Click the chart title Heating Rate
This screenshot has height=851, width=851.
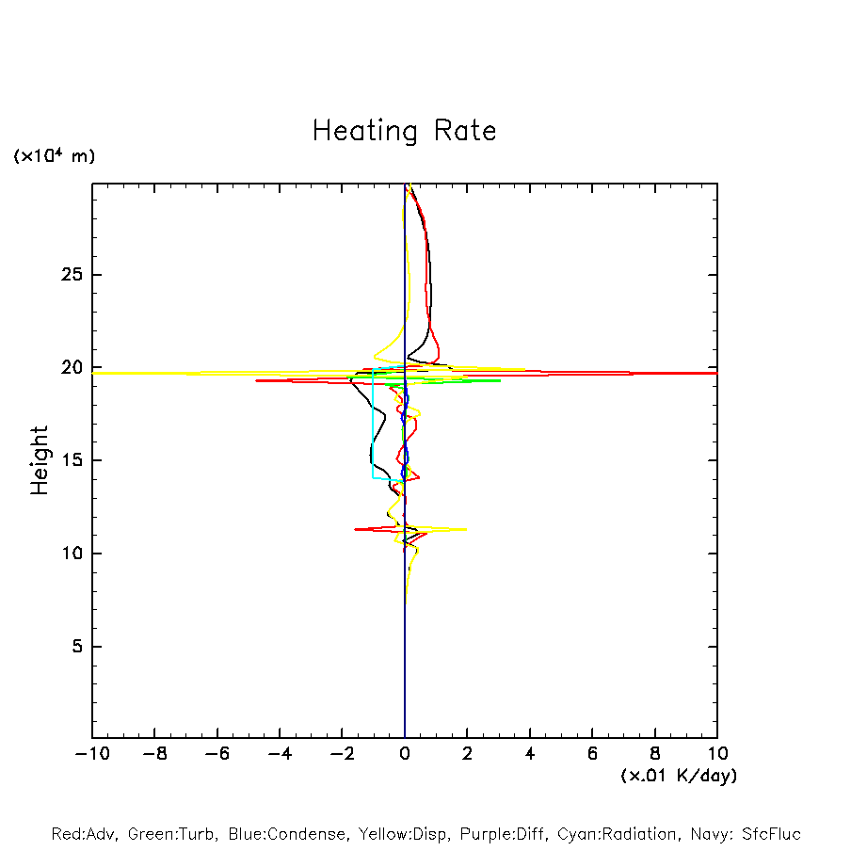404,131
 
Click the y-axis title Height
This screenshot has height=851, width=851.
40,460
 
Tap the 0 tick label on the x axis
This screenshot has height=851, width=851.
405,754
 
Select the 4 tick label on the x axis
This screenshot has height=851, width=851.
530,754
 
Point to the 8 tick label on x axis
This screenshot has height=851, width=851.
655,754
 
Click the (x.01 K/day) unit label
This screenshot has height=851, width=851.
679,776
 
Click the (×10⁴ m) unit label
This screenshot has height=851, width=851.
54,156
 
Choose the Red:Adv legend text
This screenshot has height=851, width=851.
85,834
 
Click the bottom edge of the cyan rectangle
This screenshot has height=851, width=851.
388,478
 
